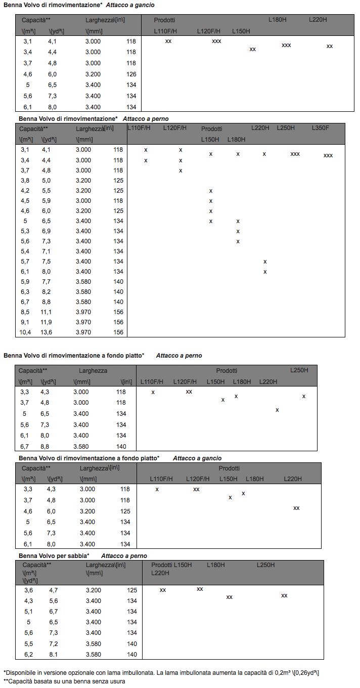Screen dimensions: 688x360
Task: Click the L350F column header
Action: coord(320,128)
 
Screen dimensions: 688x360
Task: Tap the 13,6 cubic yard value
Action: coord(47,332)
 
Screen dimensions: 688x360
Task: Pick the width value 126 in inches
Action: coord(131,74)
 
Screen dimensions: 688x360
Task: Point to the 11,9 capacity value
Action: coord(47,322)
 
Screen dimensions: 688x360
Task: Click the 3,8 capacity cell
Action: coord(25,181)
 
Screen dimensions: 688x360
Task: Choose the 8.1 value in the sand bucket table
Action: coord(54,655)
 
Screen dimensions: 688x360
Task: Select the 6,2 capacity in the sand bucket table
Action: coord(29,655)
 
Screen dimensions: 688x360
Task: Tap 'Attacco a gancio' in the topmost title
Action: coord(130,5)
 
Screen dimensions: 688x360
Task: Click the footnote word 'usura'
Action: coord(117,681)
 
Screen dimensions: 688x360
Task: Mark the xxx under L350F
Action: coord(328,155)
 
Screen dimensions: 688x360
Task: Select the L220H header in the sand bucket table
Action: coord(160,573)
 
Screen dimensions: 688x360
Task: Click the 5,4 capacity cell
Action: coord(25,251)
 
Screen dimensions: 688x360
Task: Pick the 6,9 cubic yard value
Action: coord(47,231)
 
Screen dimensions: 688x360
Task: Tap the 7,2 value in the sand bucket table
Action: coord(54,644)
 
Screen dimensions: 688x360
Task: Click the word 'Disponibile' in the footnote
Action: coord(21,672)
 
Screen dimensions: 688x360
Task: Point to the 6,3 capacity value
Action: coord(25,292)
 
